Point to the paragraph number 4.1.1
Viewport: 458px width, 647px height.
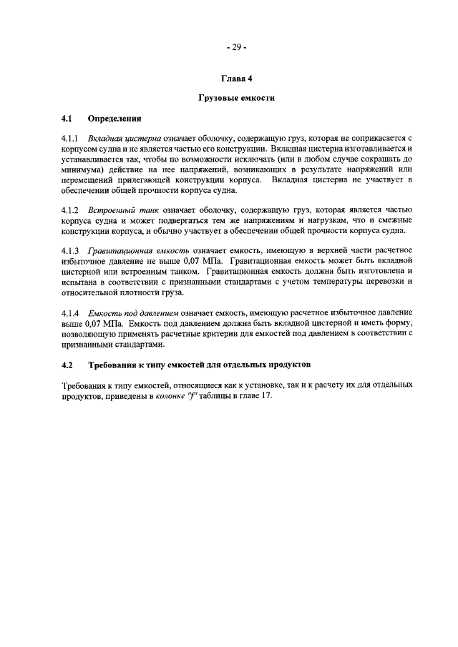click(72, 135)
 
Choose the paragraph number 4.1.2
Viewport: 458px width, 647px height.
click(72, 210)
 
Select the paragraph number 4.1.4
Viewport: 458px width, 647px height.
click(72, 313)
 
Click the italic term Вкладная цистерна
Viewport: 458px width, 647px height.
click(125, 135)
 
